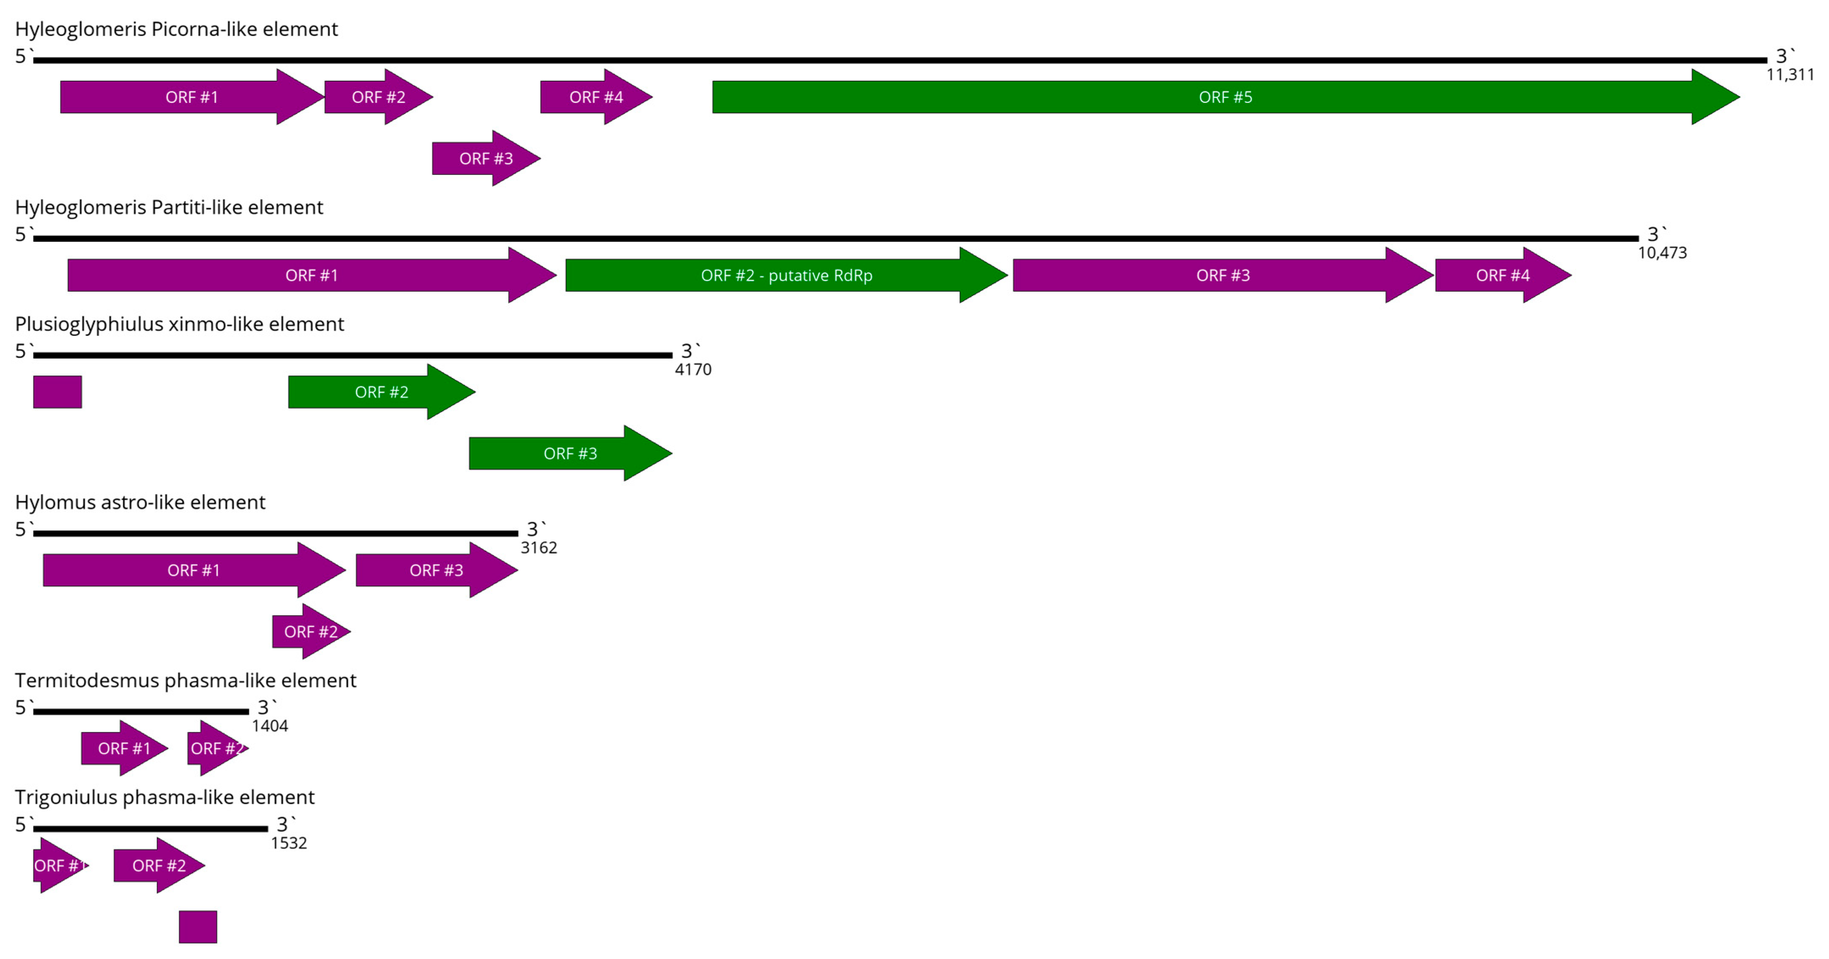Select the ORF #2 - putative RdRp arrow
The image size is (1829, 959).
tap(786, 275)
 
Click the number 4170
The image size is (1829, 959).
tap(693, 369)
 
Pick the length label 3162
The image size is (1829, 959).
tap(539, 547)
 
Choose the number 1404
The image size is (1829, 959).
tap(270, 725)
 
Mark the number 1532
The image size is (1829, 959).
tap(288, 843)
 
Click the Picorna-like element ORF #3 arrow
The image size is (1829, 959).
tap(486, 158)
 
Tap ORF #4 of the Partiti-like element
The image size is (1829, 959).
tap(1503, 275)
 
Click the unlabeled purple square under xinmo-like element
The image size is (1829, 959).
tap(58, 392)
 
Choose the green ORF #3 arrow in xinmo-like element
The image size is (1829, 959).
tap(570, 453)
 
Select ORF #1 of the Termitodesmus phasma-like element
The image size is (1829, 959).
tap(124, 748)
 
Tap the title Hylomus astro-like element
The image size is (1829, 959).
tap(140, 502)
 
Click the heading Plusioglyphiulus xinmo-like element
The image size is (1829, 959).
tap(179, 324)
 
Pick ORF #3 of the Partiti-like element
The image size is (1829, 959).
tap(1223, 275)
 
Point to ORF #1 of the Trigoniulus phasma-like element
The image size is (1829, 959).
tap(60, 865)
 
